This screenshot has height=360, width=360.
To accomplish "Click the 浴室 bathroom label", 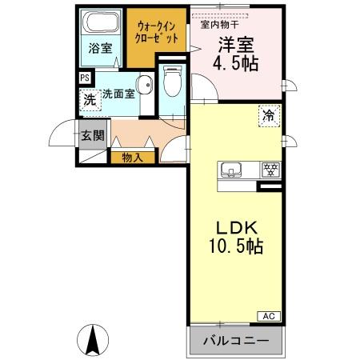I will click(x=100, y=48).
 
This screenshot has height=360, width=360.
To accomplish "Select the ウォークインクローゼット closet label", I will click(x=155, y=32).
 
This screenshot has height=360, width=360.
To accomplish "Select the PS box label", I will click(x=85, y=78).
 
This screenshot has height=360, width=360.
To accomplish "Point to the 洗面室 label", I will click(x=118, y=93).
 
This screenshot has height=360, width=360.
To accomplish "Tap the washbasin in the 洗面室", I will click(x=145, y=86).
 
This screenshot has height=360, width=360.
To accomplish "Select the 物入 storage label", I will click(x=133, y=157).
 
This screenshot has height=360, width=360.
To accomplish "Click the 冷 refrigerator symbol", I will click(x=270, y=116).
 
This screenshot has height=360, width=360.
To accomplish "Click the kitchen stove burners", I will click(x=270, y=170).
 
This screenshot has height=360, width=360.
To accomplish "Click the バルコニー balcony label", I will click(x=236, y=339).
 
